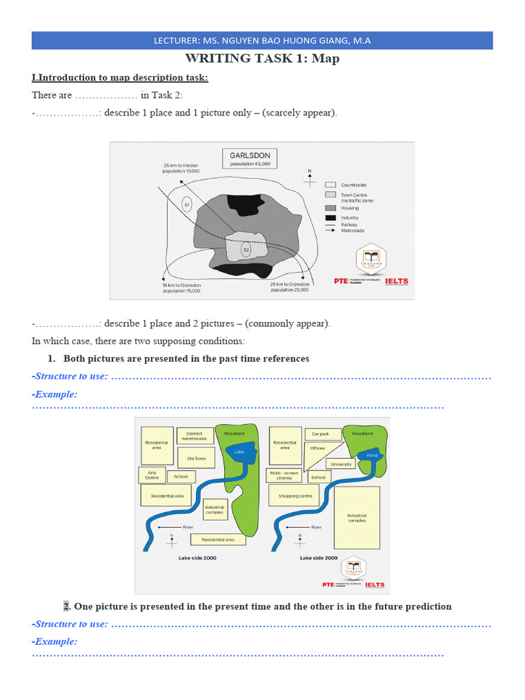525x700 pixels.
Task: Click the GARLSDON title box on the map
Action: pos(250,159)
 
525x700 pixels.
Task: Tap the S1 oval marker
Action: pos(187,204)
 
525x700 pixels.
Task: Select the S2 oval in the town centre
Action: pos(246,250)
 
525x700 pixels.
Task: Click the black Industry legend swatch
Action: pos(330,217)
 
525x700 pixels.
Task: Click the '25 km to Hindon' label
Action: pos(180,168)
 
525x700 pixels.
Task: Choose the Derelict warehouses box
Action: pos(194,435)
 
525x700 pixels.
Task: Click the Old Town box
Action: pos(196,458)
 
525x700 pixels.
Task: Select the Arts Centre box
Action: pos(152,475)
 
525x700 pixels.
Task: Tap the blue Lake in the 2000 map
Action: pos(239,452)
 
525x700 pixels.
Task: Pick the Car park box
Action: pos(320,433)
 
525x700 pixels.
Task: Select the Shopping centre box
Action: pos(295,496)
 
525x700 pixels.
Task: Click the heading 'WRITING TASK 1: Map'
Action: pos(262,59)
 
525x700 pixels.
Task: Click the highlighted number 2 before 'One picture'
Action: pos(66,606)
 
